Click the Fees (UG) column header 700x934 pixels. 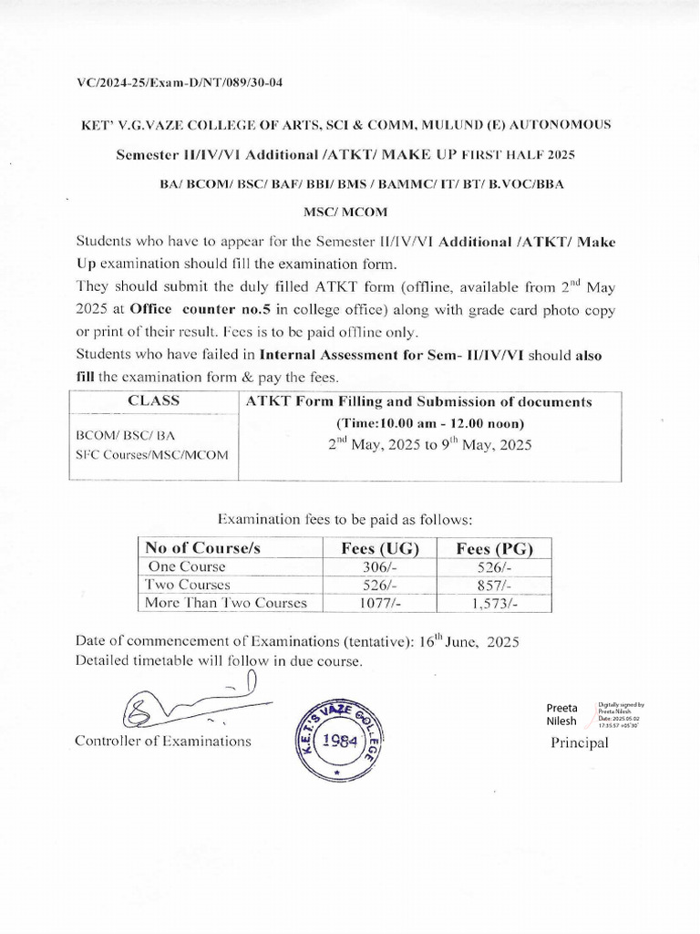(379, 548)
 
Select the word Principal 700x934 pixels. (579, 743)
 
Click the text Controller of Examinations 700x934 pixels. (164, 741)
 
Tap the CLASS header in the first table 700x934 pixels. (153, 400)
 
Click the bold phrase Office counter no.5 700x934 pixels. (188, 307)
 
